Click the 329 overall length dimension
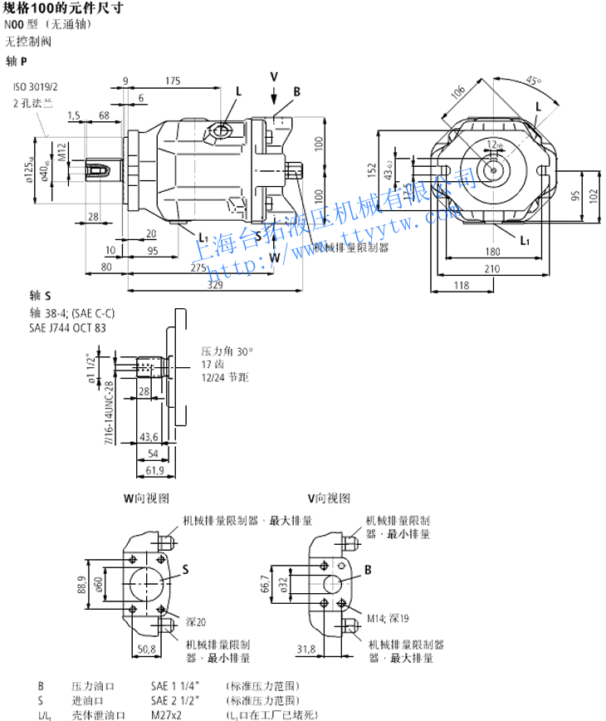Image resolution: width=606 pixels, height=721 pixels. click(215, 285)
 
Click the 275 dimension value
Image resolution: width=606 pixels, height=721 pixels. click(198, 267)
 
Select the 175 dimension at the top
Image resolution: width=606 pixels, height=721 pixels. click(173, 81)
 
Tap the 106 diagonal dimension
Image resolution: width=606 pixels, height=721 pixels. click(457, 93)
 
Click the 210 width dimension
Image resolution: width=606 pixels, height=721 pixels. click(492, 267)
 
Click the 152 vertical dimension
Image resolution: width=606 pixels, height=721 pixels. click(373, 170)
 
